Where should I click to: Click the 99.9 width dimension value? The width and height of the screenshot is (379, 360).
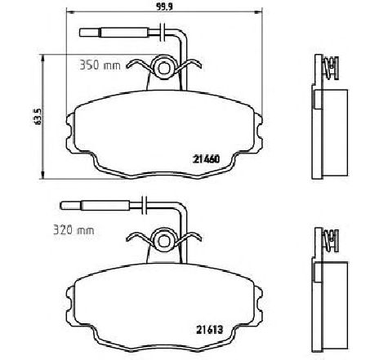[x=164, y=7]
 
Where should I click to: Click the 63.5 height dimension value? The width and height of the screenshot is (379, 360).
[x=38, y=117]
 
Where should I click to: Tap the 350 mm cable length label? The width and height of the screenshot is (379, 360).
[x=100, y=65]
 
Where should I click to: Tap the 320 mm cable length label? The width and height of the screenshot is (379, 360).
[x=74, y=230]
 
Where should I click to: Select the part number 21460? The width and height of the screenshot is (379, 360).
[x=206, y=159]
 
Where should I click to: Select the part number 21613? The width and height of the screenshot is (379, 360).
[x=209, y=330]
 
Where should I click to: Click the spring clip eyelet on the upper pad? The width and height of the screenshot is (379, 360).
[x=163, y=67]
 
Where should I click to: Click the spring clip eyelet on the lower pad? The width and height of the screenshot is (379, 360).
[x=163, y=240]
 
